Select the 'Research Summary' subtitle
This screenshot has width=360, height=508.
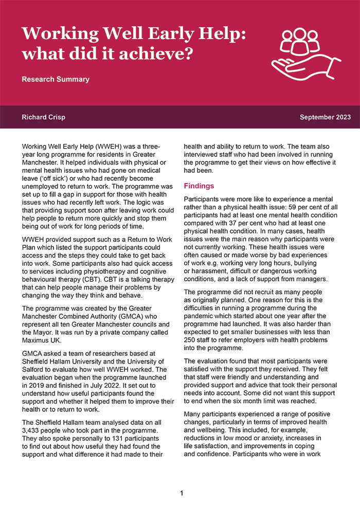coord(56,79)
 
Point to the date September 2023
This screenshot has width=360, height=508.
coord(325,117)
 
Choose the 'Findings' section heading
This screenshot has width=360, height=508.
coord(200,186)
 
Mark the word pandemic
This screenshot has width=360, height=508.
coord(201,304)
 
